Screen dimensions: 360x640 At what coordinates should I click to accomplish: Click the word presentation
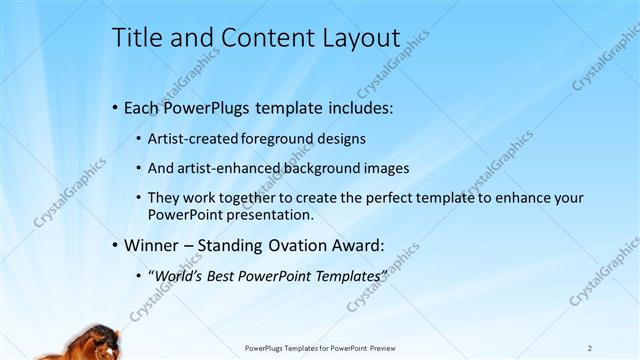pyautogui.click(x=270, y=214)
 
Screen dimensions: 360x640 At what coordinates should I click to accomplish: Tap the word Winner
pyautogui.click(x=151, y=244)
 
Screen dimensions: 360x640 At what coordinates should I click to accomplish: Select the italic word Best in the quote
pyautogui.click(x=223, y=275)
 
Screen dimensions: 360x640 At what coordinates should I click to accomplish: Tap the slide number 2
pyautogui.click(x=590, y=348)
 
